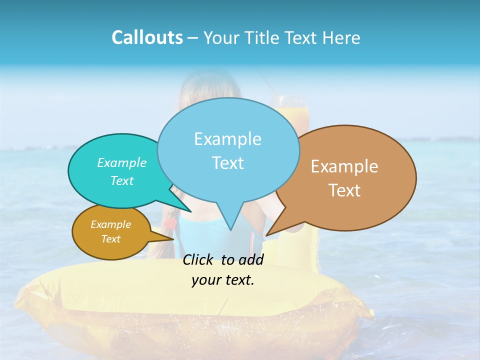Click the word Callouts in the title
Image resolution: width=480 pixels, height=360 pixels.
point(147,37)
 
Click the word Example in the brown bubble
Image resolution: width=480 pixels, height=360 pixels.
point(344,166)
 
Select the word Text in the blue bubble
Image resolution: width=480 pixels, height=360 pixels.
point(228,163)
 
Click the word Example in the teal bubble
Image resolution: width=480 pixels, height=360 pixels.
point(122,162)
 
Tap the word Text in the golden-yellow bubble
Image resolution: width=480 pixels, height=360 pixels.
point(110,239)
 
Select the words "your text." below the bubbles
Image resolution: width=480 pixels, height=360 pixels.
point(223,280)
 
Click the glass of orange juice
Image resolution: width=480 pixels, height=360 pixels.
point(288,107)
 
